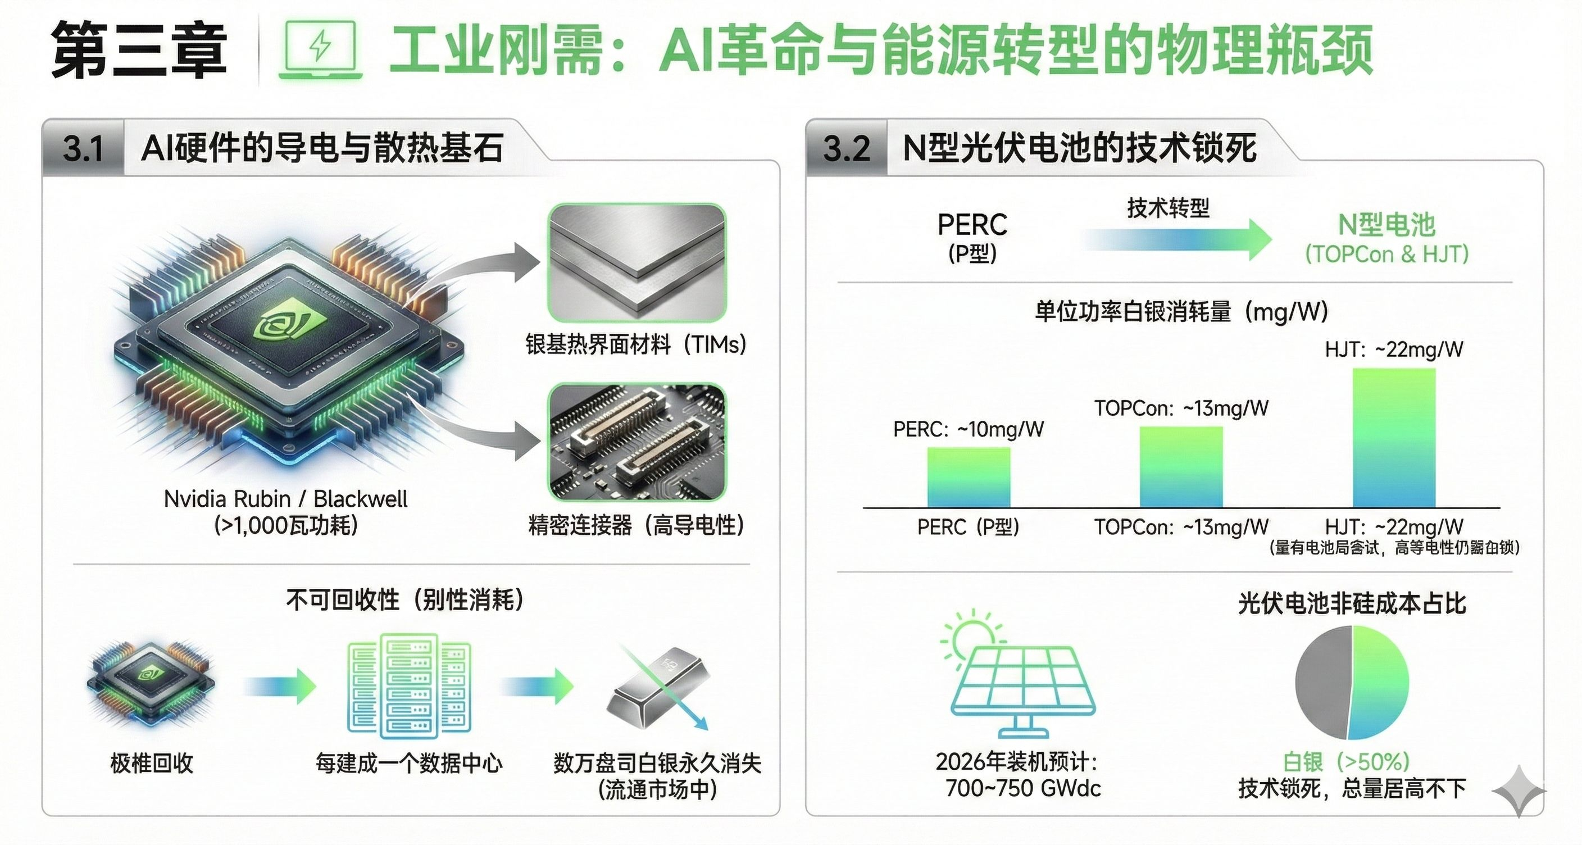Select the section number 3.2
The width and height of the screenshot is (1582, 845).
(x=846, y=149)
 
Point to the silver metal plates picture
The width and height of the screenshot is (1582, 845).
(x=637, y=263)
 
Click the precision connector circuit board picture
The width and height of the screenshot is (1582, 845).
(x=637, y=442)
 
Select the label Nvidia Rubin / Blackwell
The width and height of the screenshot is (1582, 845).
(x=285, y=499)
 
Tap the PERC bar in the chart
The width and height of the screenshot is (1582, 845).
(x=969, y=477)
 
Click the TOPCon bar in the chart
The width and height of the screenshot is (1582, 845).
(x=1181, y=467)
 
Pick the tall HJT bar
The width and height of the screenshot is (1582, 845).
(x=1394, y=438)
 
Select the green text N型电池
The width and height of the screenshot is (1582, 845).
(x=1386, y=225)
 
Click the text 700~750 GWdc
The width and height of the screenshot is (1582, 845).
(x=1022, y=788)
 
